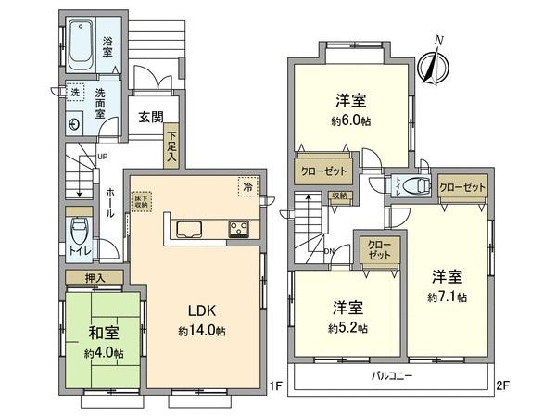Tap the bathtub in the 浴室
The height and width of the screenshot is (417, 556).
[x=82, y=44]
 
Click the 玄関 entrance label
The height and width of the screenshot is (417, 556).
[x=151, y=118]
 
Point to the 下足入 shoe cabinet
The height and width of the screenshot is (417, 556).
[x=171, y=146]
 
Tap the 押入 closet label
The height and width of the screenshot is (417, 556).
[x=95, y=277]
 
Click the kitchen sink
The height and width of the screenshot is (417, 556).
[x=188, y=229]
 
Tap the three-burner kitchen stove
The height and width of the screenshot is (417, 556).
[x=236, y=229]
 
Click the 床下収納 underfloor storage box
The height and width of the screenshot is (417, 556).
[x=141, y=198]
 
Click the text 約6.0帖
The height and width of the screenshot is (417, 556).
[x=348, y=121]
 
